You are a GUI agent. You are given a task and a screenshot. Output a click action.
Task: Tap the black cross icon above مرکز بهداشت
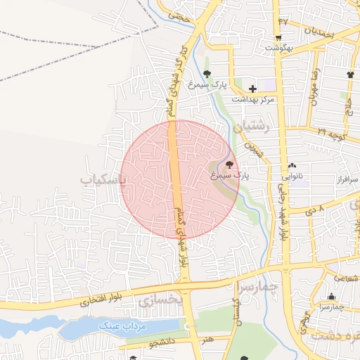tap(252, 89)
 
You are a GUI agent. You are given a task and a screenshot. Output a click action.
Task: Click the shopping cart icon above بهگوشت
tap(278, 38)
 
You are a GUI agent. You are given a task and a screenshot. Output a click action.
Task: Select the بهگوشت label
tap(278, 48)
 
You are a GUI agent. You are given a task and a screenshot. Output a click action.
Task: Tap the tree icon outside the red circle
tap(206, 74)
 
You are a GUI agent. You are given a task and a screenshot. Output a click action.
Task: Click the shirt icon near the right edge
tap(351, 74)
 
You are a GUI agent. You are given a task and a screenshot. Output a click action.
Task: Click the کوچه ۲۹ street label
tap(330, 132)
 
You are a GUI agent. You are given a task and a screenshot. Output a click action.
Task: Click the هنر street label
tap(207, 339)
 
